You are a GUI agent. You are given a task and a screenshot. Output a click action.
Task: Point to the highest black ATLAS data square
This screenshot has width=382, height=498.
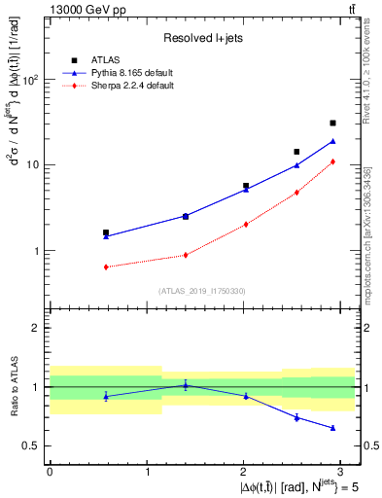click(332, 124)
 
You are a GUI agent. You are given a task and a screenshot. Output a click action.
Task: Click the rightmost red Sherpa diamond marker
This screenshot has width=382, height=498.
click(332, 161)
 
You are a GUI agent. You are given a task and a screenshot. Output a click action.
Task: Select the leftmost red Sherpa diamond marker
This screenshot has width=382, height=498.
click(106, 267)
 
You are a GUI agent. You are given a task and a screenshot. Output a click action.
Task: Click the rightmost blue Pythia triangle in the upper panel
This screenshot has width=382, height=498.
click(332, 141)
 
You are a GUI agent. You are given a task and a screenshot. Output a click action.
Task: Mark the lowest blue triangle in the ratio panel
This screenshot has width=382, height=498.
click(332, 428)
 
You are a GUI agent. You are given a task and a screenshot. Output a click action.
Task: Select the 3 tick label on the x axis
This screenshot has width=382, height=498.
click(342, 472)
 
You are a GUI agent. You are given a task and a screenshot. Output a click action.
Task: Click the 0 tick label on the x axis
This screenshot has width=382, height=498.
click(50, 472)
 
